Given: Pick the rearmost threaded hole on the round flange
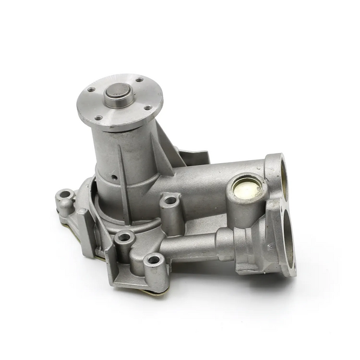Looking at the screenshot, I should tap(139, 80).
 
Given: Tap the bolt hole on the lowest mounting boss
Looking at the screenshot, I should tap(155, 261).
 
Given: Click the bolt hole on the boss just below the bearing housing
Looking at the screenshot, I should tap(125, 238).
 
